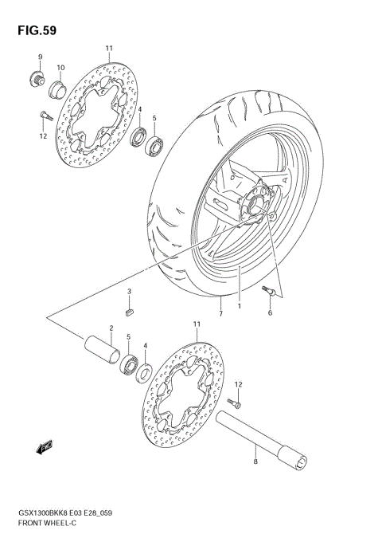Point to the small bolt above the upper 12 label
44,116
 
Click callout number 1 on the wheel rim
237,304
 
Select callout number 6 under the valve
270,312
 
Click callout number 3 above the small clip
128,293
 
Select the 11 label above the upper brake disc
108,49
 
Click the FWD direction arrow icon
45,448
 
